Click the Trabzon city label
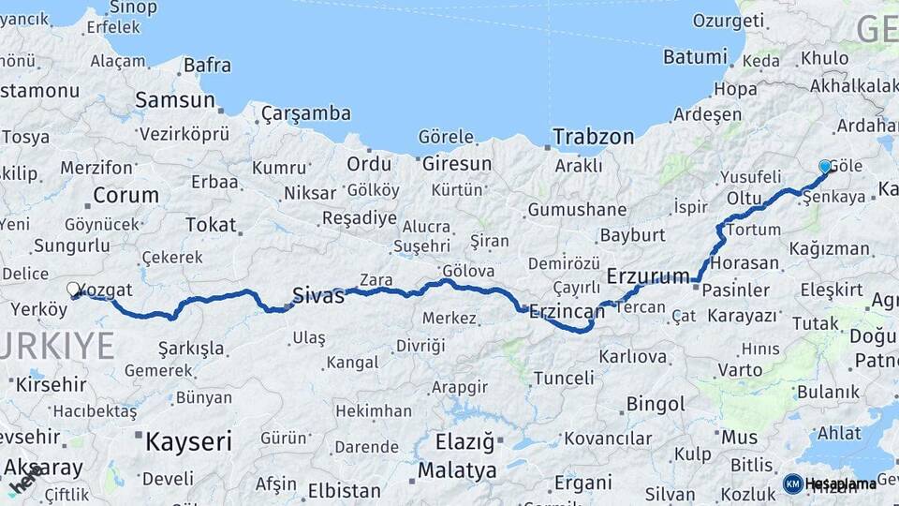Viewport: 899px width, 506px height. point(593,137)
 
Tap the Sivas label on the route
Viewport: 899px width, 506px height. point(319,295)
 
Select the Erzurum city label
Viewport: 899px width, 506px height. point(648,275)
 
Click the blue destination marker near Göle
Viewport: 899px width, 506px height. point(825,167)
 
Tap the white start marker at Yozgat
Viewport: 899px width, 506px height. point(73,290)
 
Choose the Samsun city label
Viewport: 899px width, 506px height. point(175,100)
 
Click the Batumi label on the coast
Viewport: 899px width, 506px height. point(695,57)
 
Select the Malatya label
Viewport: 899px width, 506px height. point(457,469)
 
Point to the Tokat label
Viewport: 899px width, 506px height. point(211,226)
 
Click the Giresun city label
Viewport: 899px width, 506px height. point(457,164)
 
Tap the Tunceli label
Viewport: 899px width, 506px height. point(564,379)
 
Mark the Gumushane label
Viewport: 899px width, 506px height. point(577,210)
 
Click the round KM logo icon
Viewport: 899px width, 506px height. point(792,484)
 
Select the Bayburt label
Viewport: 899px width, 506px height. point(632,234)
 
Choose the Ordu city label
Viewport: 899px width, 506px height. point(369,164)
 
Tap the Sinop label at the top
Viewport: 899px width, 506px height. point(133,7)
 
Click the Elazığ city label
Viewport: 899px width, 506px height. point(464,441)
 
